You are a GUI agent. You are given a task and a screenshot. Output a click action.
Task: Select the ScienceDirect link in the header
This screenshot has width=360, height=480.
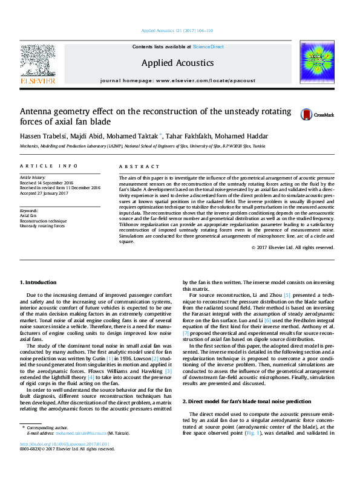click(208, 47)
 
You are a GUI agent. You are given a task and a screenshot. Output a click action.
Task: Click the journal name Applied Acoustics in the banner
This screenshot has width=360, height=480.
click(177, 63)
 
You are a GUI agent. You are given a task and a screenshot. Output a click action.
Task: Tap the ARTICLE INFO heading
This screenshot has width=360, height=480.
click(48, 166)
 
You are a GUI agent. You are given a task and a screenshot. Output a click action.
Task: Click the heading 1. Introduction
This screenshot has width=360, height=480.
click(39, 282)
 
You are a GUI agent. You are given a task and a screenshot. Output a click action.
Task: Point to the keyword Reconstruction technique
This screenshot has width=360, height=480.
click(41, 221)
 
